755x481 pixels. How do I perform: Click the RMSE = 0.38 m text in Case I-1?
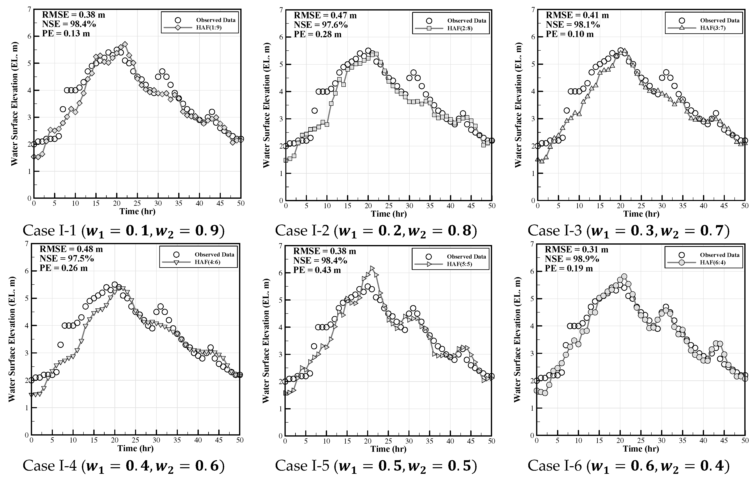point(73,15)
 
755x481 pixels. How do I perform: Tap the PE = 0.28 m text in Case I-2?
point(317,34)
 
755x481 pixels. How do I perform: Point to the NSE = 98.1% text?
point(573,24)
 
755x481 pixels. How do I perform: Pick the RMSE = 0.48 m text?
point(71,249)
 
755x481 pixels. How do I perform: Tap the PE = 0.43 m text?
point(317,270)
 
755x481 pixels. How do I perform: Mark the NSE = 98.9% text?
point(572,259)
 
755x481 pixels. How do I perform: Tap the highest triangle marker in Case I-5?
point(372,268)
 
